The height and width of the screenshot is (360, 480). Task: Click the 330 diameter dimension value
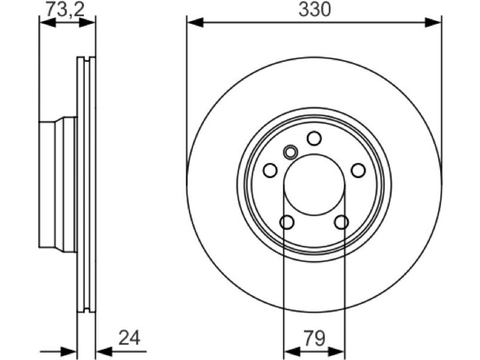pyautogui.click(x=314, y=10)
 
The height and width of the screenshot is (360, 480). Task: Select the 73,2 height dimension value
pyautogui.click(x=65, y=10)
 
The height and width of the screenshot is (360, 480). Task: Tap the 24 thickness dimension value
pyautogui.click(x=129, y=338)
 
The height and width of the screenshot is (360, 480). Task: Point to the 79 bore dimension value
pyautogui.click(x=314, y=338)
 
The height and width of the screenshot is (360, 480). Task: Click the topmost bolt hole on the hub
pyautogui.click(x=314, y=138)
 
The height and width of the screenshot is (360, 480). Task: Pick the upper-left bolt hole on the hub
pyautogui.click(x=270, y=170)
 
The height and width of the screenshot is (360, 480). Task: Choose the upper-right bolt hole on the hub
pyautogui.click(x=358, y=170)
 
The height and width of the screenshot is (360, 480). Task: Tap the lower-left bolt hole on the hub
pyautogui.click(x=287, y=222)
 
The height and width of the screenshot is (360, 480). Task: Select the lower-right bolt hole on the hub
pyautogui.click(x=341, y=222)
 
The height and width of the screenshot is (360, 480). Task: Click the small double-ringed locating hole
pyautogui.click(x=290, y=152)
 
